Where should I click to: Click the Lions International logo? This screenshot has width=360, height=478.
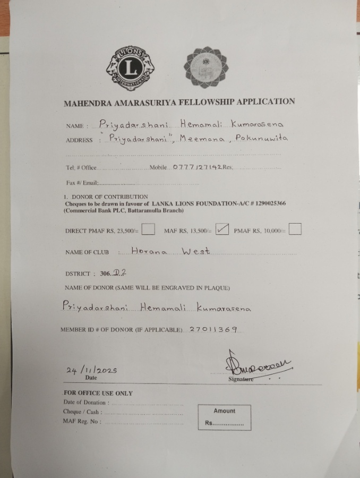130,68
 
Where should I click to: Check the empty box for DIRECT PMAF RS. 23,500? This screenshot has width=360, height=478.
149,229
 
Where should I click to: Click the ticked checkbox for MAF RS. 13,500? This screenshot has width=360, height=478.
223,229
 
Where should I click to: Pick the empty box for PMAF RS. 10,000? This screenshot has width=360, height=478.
295,229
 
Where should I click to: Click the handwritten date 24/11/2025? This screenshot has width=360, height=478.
91,370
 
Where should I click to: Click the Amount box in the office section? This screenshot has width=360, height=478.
224,417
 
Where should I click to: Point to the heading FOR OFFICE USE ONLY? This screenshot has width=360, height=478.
101,393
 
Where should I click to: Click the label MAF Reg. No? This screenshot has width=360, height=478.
82,422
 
